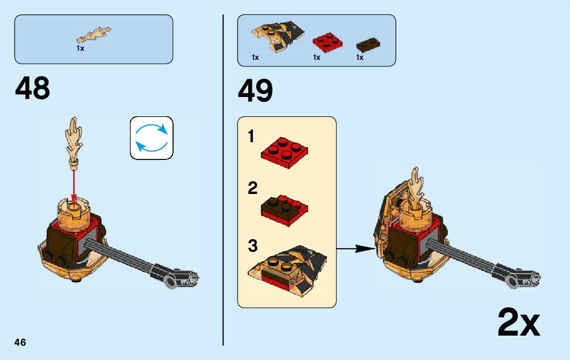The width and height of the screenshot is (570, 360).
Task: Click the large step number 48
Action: (33, 89)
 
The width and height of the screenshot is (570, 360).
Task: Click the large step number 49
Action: (255, 91)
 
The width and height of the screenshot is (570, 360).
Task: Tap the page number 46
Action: (20, 342)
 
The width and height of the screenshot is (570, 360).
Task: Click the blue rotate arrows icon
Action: (152, 138)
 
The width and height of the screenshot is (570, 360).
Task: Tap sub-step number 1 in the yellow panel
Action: (251, 137)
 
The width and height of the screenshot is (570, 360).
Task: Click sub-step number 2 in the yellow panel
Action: (252, 189)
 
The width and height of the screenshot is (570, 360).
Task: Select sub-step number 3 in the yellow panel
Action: (253, 247)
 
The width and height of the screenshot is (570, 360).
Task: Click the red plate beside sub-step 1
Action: (285, 152)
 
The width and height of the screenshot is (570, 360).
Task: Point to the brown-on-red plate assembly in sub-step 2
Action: (284, 209)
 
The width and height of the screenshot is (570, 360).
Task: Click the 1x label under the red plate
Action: (317, 57)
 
